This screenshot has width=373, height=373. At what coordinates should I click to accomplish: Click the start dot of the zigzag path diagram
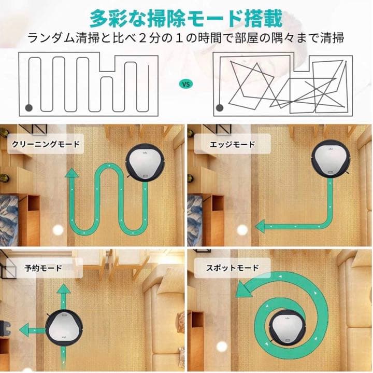point(29,107)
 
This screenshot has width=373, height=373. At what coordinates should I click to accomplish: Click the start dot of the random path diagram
point(219,107)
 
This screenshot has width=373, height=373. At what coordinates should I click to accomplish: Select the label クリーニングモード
point(47,144)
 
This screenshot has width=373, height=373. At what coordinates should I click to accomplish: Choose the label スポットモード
point(233,268)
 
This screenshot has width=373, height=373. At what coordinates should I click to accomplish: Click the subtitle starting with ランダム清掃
point(186,38)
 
